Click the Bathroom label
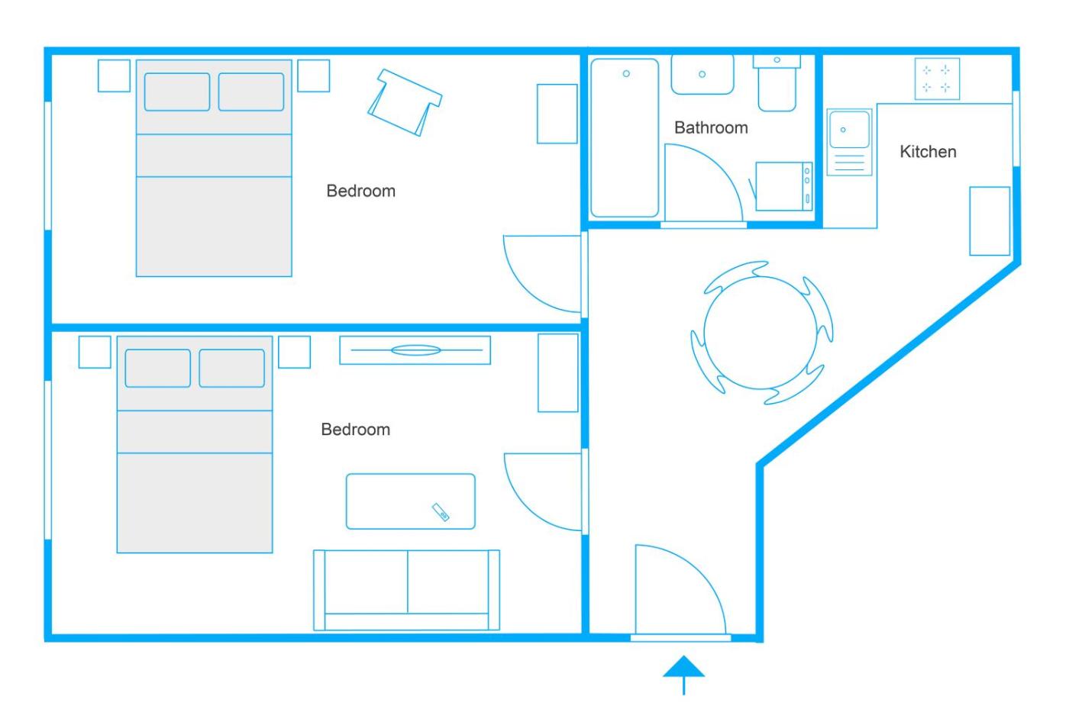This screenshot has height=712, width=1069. click(711, 127)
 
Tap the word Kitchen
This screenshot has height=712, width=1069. click(928, 152)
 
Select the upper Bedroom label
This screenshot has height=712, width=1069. click(360, 191)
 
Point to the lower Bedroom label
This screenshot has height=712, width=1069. click(356, 429)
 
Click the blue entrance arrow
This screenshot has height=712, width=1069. click(683, 675)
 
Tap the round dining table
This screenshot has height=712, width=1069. click(761, 333)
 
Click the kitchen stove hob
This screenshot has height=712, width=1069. click(937, 79)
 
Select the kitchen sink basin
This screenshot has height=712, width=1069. click(849, 129)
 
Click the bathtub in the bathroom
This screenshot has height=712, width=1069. click(625, 138)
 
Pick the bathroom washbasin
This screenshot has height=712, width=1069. click(702, 75)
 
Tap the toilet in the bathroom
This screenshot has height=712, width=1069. click(777, 83)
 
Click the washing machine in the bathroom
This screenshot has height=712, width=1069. click(783, 186)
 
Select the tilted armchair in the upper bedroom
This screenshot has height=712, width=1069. click(405, 102)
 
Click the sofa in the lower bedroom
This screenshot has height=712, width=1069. click(406, 590)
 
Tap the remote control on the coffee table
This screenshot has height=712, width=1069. click(441, 512)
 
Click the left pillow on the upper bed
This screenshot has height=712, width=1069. click(177, 92)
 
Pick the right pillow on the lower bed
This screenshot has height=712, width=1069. click(231, 368)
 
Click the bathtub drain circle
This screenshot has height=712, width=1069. click(626, 73)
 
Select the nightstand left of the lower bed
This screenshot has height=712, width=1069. click(95, 352)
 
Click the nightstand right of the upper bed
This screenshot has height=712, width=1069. click(314, 76)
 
